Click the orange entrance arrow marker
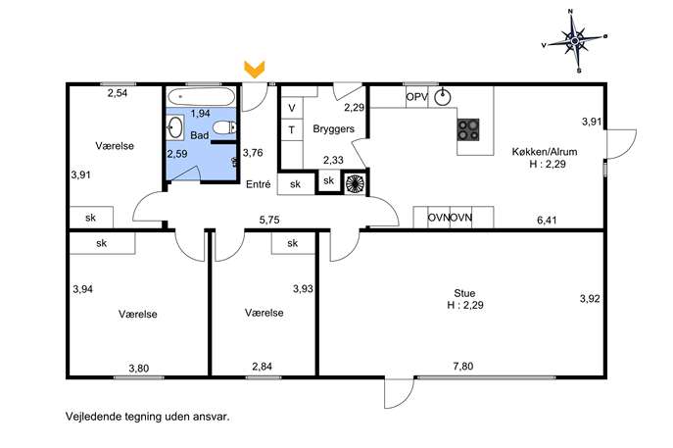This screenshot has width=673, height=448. pos(255,69)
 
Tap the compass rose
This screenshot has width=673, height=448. pos(574,41)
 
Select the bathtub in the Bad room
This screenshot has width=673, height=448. pos(201,96)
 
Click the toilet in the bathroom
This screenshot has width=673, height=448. pos(225,127)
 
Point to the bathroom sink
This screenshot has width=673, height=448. pos(174,127)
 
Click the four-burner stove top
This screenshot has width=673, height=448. pos(468,129)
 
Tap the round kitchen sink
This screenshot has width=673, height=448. pos(442,97)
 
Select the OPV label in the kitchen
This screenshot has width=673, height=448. pos(416,97)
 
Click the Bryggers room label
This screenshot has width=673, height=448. pos(333,128)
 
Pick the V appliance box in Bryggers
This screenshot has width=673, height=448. pos(292,108)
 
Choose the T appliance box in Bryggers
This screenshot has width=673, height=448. pos(292,129)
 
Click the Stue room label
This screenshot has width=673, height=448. pos(464,293)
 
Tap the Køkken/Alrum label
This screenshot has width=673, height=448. pos(545,152)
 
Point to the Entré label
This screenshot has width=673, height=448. pos(259,184)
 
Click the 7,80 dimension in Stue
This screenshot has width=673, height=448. pos(463,366)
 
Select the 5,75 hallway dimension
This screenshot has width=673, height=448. pos(269,220)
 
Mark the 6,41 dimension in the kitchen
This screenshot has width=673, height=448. pos(547,221)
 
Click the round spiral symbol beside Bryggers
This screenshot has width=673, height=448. pos(355,182)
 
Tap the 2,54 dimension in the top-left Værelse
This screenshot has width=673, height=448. pos(118,93)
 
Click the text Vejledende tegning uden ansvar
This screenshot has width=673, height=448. pos(148,417)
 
